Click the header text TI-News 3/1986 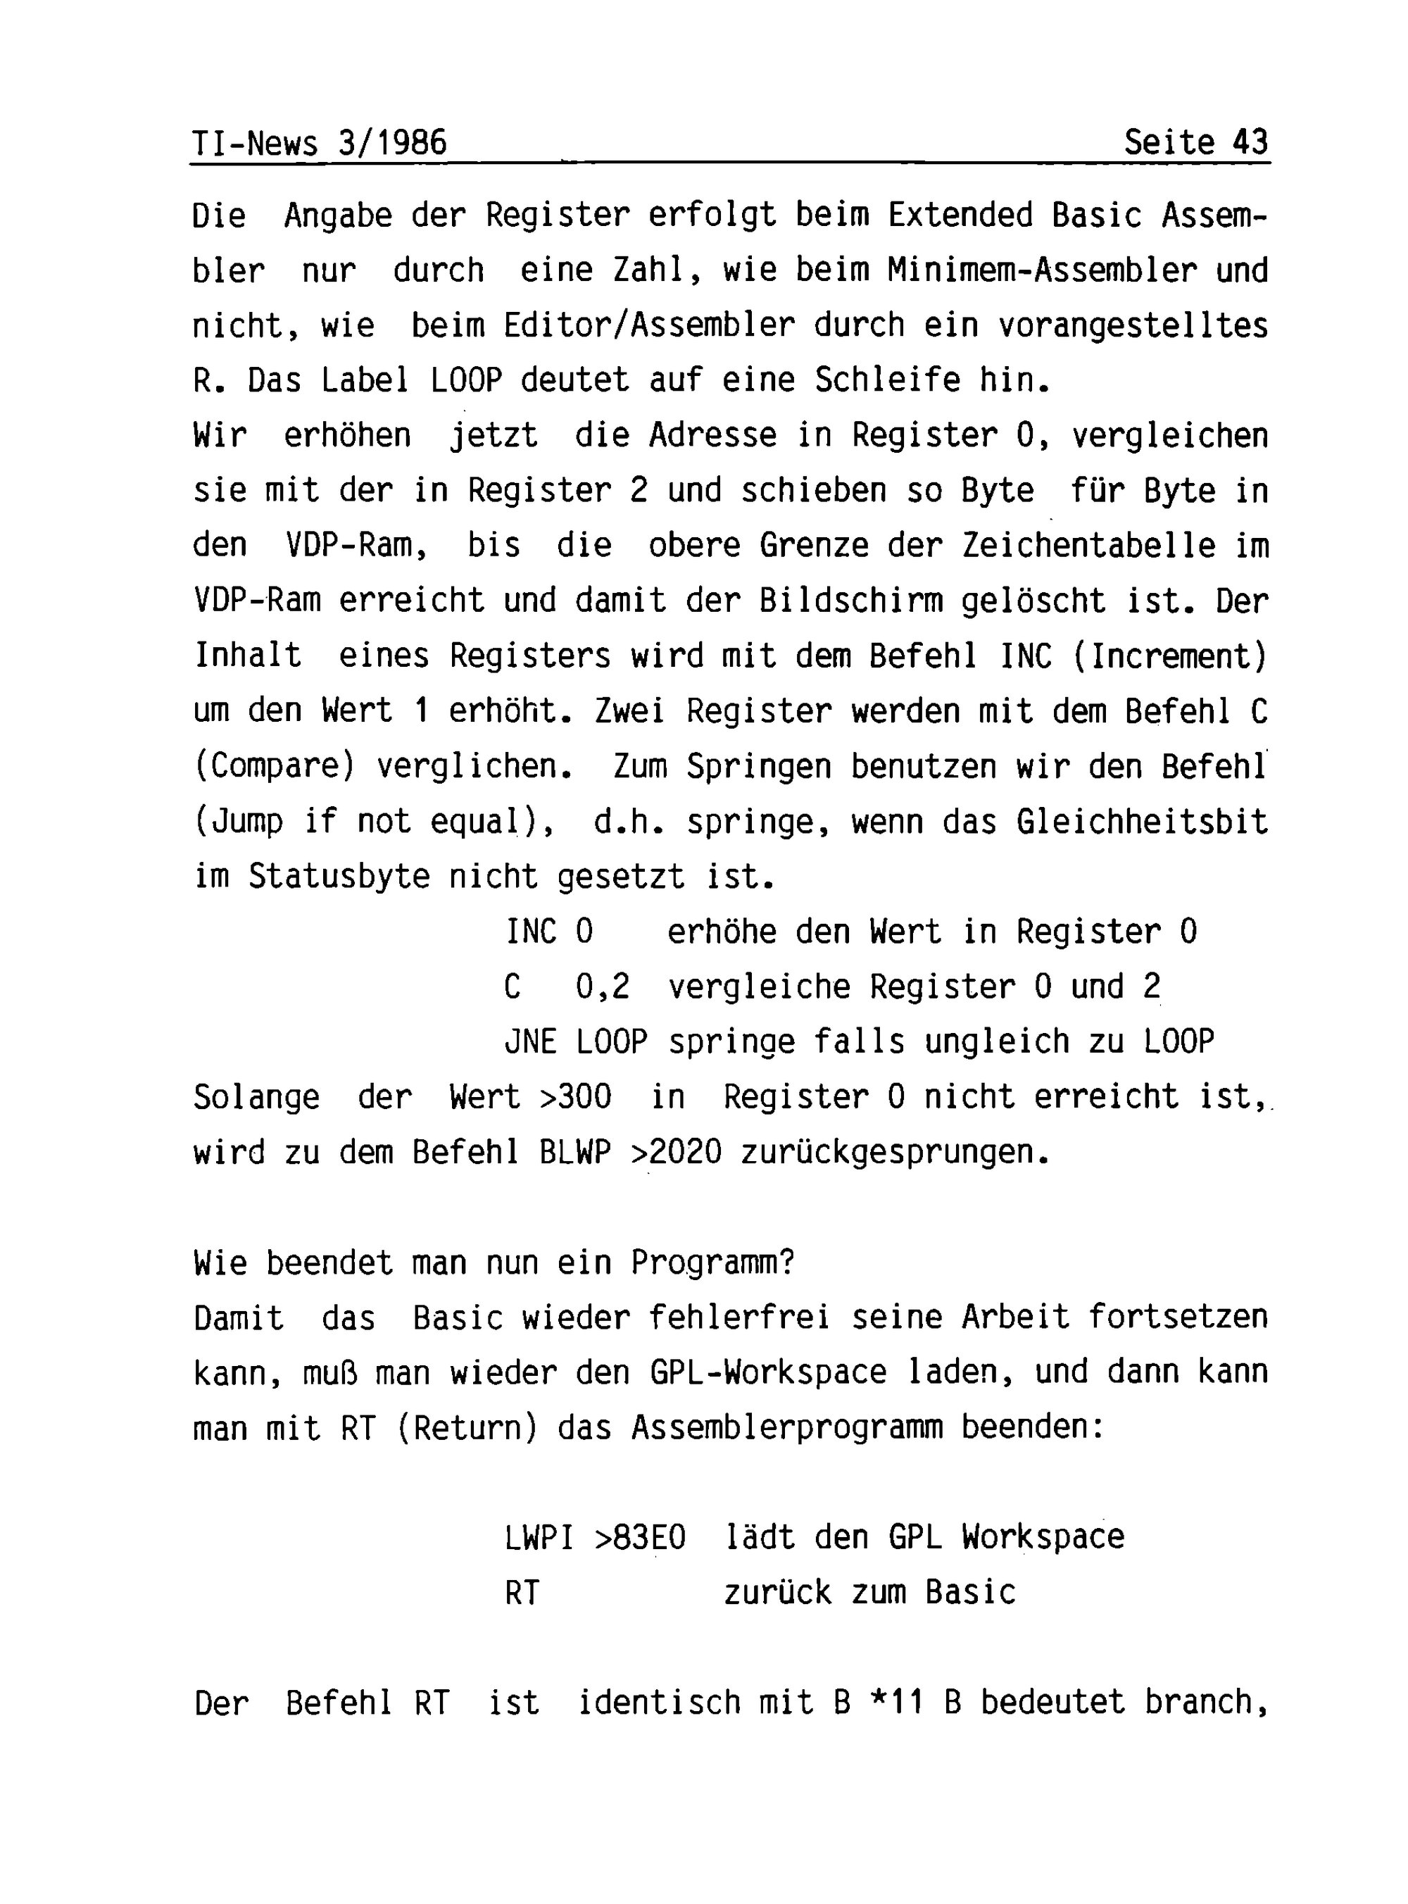click(320, 142)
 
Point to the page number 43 click(1250, 142)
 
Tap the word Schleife click(886, 380)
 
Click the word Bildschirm click(850, 601)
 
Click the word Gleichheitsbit click(1141, 822)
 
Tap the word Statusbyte click(339, 877)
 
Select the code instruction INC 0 click(549, 932)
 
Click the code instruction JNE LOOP click(575, 1041)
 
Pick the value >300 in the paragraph click(575, 1097)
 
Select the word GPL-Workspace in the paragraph click(767, 1372)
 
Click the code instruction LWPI click(539, 1538)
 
